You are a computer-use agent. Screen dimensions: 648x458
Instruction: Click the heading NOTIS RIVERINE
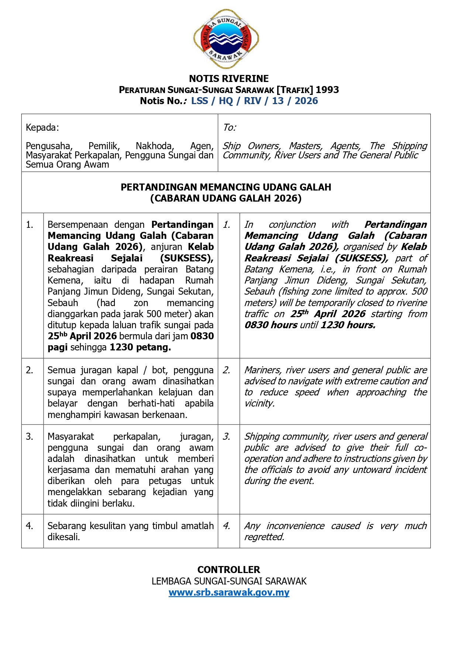[x=229, y=79]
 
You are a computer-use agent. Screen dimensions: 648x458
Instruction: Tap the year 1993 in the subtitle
[x=327, y=90]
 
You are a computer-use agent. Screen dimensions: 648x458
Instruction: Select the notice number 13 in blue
[x=278, y=101]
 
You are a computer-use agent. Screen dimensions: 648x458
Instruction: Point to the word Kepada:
[x=42, y=128]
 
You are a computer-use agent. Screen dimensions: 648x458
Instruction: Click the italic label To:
[x=230, y=128]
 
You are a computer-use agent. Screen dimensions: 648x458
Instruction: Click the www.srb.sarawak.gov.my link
[x=229, y=593]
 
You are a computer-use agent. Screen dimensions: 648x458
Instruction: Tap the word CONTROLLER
[x=229, y=570]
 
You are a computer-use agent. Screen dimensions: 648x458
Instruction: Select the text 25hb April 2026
[x=82, y=336]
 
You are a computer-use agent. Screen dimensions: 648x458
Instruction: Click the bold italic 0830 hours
[x=271, y=325]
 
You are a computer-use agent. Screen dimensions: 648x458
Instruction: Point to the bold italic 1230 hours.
[x=348, y=325]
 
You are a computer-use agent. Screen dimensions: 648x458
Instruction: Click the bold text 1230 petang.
[x=140, y=347]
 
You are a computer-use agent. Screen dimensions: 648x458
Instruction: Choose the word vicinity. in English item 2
[x=259, y=403]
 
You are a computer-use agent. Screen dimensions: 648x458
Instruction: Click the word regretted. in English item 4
[x=264, y=537]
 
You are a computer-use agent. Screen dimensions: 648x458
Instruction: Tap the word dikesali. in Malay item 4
[x=64, y=537]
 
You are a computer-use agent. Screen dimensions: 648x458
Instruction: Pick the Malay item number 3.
[x=30, y=436]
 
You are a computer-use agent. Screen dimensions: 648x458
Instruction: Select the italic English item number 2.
[x=227, y=370]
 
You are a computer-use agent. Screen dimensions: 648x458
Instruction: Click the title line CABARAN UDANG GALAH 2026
[x=226, y=198]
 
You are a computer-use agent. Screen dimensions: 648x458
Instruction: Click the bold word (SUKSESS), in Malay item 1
[x=187, y=258]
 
